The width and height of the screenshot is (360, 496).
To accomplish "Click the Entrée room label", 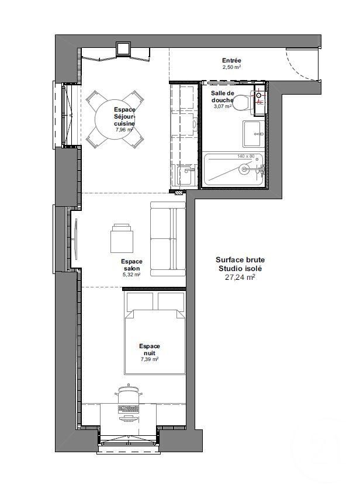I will (x=231, y=61).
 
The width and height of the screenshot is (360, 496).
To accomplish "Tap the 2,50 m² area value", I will (x=231, y=67).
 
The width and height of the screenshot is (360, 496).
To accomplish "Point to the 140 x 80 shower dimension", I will (x=247, y=157).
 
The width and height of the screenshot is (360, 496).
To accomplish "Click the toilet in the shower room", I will (x=243, y=102).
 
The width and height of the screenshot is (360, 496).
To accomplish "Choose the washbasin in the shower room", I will (x=253, y=133).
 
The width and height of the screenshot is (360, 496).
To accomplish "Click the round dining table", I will (x=117, y=119).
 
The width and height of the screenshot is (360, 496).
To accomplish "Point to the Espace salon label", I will (x=131, y=265).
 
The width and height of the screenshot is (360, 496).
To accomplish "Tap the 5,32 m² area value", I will (x=131, y=274).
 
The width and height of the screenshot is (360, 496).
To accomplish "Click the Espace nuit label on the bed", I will (x=150, y=349).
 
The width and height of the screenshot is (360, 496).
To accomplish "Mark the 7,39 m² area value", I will (x=150, y=360).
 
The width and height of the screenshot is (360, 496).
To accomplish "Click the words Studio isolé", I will (x=238, y=269).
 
